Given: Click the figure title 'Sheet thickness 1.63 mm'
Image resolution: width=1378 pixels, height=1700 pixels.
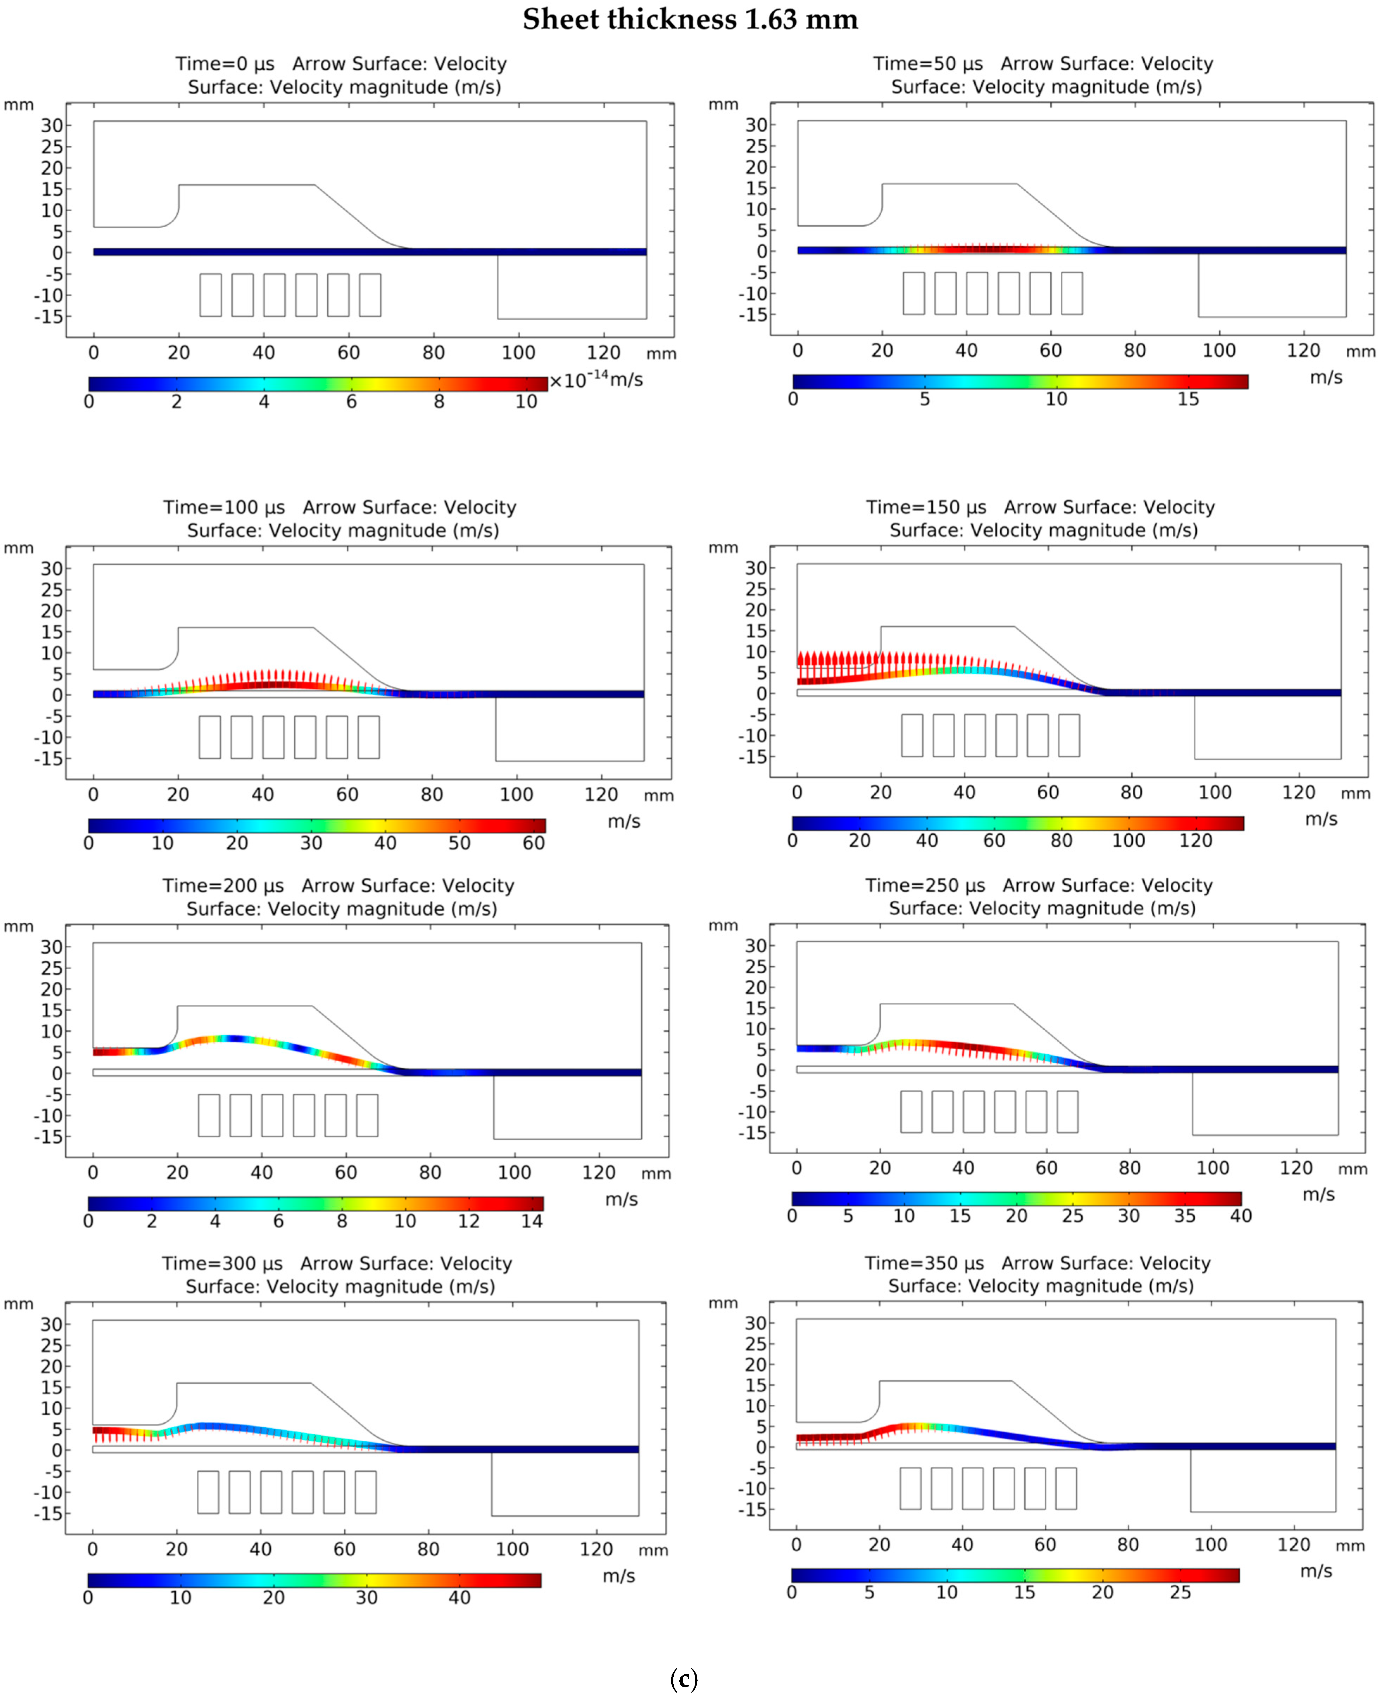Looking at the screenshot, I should pyautogui.click(x=690, y=19).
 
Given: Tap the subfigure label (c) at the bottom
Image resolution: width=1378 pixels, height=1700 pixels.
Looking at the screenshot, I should pyautogui.click(x=684, y=1679).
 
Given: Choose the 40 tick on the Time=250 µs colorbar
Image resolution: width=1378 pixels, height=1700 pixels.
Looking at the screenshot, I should pyautogui.click(x=1241, y=1216).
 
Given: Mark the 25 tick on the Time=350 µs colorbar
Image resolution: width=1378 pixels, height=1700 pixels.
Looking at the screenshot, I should pyautogui.click(x=1180, y=1593).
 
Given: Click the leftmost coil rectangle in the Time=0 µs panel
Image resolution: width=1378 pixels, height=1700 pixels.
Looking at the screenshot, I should pyautogui.click(x=210, y=295).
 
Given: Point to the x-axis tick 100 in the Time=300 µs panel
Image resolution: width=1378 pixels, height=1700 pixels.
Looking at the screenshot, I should pyautogui.click(x=512, y=1549).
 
